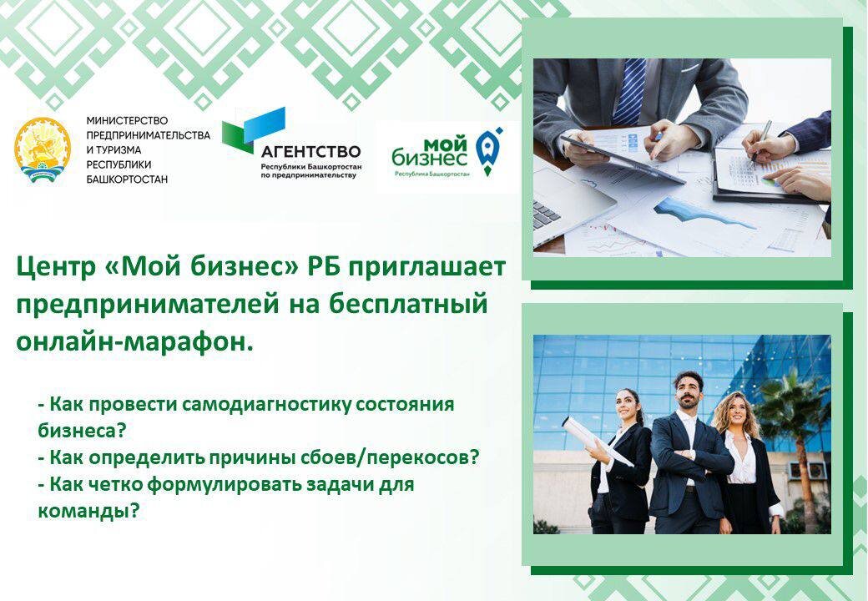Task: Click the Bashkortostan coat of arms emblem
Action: pyautogui.click(x=43, y=149)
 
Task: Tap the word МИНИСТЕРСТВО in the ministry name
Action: pyautogui.click(x=127, y=120)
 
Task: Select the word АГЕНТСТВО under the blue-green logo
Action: pyautogui.click(x=310, y=151)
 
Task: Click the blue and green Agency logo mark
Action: pyautogui.click(x=254, y=130)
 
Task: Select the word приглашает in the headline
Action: pyautogui.click(x=426, y=269)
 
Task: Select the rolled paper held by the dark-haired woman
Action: pyautogui.click(x=596, y=439)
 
